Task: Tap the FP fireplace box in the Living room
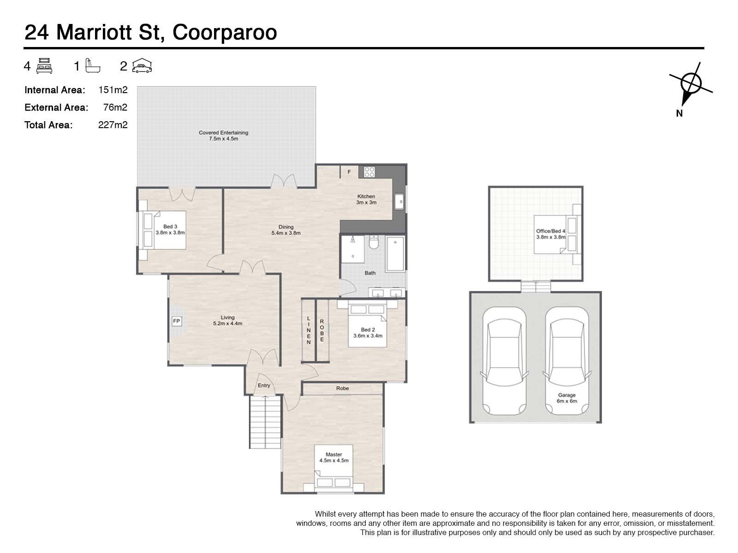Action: coord(177,321)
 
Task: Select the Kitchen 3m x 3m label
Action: coord(366,199)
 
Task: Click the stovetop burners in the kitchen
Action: coord(369,172)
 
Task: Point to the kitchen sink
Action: coord(399,202)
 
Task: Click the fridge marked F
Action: coord(349,171)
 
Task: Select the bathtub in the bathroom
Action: coord(395,253)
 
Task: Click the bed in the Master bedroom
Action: coord(333,468)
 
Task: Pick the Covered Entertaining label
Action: coord(223,135)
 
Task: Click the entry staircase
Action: coord(265,422)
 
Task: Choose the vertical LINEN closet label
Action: coord(308,330)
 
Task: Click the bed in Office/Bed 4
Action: coord(555,235)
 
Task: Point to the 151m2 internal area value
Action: coord(113,90)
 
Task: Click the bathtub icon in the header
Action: coord(93,65)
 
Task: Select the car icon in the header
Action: coord(142,65)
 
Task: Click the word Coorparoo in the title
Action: coord(225,33)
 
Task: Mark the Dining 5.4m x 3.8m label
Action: coord(286,230)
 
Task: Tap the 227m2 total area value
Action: coord(113,125)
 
